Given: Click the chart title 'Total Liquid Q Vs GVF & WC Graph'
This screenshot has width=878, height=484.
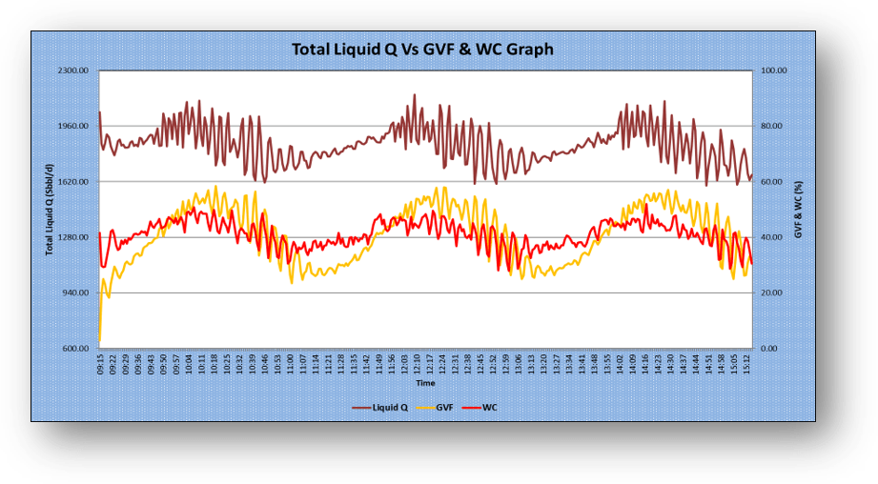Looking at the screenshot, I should click(421, 49).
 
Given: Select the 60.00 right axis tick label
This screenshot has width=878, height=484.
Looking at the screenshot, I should click(769, 182).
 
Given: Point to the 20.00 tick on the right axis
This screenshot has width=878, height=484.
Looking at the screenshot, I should click(769, 293).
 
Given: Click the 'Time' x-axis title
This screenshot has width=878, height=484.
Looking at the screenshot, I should click(425, 383).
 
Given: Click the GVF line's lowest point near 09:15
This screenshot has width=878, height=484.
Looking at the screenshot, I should click(99, 341).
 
